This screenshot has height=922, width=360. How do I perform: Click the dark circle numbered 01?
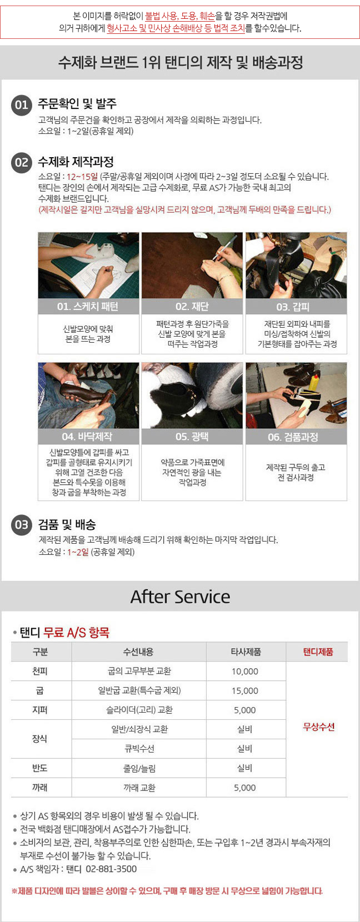click(x=22, y=105)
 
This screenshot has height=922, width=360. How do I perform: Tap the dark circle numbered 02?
click(x=22, y=163)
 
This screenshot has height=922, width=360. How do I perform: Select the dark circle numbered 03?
click(x=22, y=525)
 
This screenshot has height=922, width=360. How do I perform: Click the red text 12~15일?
click(x=82, y=177)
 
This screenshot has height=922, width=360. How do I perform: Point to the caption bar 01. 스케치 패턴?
click(x=88, y=306)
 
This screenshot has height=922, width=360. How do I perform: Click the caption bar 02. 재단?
click(x=192, y=306)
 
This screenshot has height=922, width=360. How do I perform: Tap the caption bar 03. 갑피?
click(x=296, y=306)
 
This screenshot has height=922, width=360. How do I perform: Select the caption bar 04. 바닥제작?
click(x=88, y=437)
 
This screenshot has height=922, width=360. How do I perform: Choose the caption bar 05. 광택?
click(x=192, y=437)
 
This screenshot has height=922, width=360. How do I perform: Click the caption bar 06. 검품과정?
click(x=296, y=437)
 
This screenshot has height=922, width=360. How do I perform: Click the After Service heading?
click(x=180, y=597)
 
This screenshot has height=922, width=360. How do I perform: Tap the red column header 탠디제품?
click(x=318, y=652)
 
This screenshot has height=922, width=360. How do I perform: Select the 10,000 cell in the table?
click(x=245, y=672)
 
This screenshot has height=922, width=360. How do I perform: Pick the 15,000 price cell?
click(x=245, y=691)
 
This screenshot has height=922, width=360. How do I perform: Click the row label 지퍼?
click(x=40, y=710)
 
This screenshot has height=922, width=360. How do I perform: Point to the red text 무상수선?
click(x=319, y=727)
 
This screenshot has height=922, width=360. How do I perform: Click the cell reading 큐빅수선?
click(x=139, y=749)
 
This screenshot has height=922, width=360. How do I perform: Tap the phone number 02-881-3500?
click(x=111, y=869)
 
